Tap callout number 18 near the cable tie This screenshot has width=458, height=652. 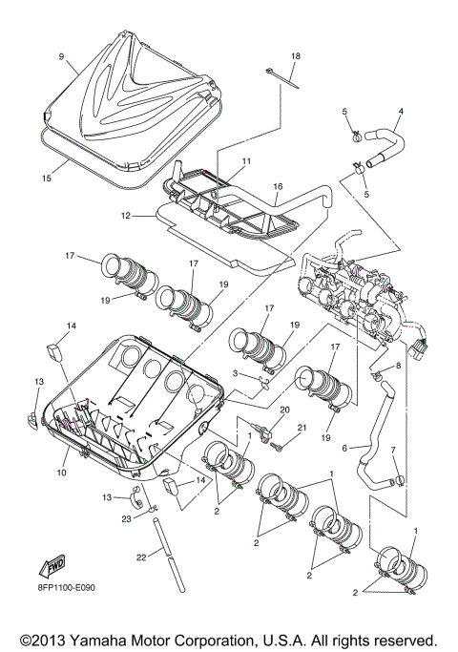(295, 57)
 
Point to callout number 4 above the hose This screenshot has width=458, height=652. (400, 112)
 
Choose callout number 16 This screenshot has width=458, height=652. (278, 187)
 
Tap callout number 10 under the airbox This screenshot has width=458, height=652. (62, 473)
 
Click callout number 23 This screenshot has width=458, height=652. (125, 518)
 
